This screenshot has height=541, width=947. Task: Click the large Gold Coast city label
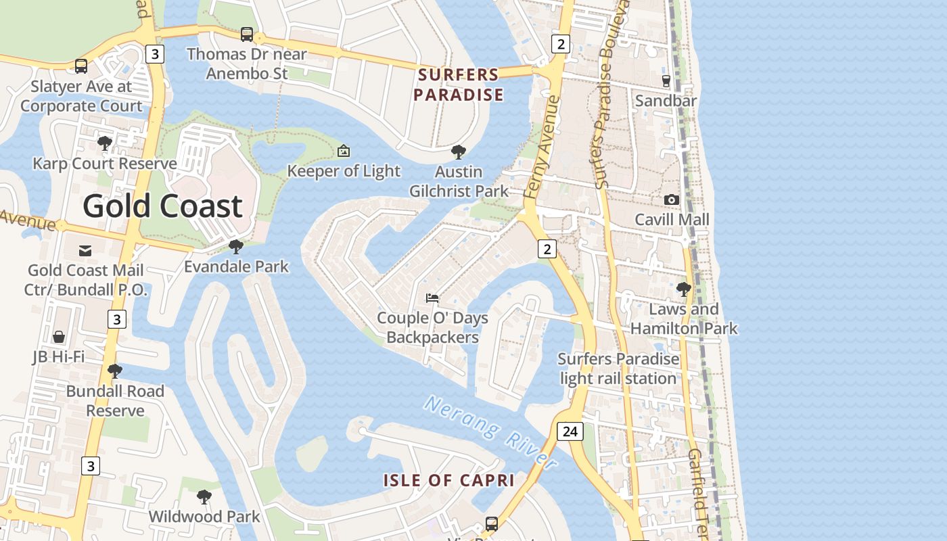click(162, 206)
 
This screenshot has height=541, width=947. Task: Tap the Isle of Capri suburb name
click(449, 481)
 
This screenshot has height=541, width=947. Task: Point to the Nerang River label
click(491, 432)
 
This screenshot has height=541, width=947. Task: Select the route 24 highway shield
click(570, 431)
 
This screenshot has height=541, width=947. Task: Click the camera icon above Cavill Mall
click(671, 199)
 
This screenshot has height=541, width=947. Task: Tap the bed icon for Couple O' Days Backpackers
click(432, 298)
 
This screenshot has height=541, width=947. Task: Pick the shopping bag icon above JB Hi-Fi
click(59, 337)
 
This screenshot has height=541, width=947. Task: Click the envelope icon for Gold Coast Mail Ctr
click(85, 251)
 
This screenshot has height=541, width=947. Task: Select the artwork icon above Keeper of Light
click(344, 151)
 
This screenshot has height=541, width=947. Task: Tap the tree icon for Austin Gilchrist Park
click(458, 152)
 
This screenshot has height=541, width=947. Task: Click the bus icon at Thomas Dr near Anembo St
click(247, 34)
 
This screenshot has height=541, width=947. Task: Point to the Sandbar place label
click(666, 101)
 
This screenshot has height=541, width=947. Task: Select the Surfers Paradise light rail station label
click(618, 369)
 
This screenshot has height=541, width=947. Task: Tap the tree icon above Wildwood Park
click(204, 497)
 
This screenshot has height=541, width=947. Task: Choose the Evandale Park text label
click(236, 266)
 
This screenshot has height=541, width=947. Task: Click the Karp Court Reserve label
click(105, 164)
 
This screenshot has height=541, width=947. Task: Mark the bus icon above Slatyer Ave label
click(81, 66)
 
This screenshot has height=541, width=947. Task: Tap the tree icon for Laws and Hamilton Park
click(683, 289)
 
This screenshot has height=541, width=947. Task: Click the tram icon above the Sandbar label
click(666, 81)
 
